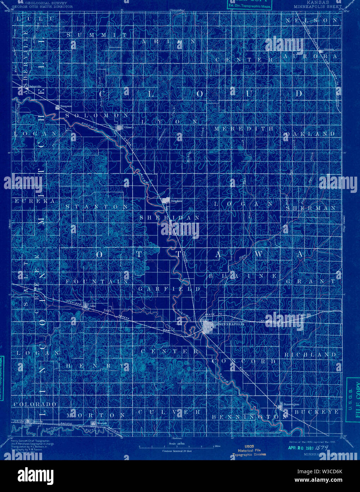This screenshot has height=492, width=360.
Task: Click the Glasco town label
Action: pos(128,127)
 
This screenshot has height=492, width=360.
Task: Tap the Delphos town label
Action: pos(176,201)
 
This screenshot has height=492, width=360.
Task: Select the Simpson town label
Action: pos(66,106)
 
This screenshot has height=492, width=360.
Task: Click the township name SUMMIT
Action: pos(97,35)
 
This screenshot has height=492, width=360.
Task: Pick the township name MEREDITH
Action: pos(244,128)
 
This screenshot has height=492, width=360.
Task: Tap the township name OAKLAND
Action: pos(310,134)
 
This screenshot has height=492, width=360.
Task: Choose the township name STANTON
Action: pos(97,206)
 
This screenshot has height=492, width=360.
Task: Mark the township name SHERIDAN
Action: pos(170,218)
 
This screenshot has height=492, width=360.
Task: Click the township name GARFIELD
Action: pos(169,289)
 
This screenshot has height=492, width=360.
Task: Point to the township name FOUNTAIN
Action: pos(97,281)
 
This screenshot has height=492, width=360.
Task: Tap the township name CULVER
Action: pos(170,412)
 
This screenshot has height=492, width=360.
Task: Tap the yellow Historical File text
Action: pos(249,450)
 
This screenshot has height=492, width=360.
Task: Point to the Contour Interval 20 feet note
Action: pos(177,451)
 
